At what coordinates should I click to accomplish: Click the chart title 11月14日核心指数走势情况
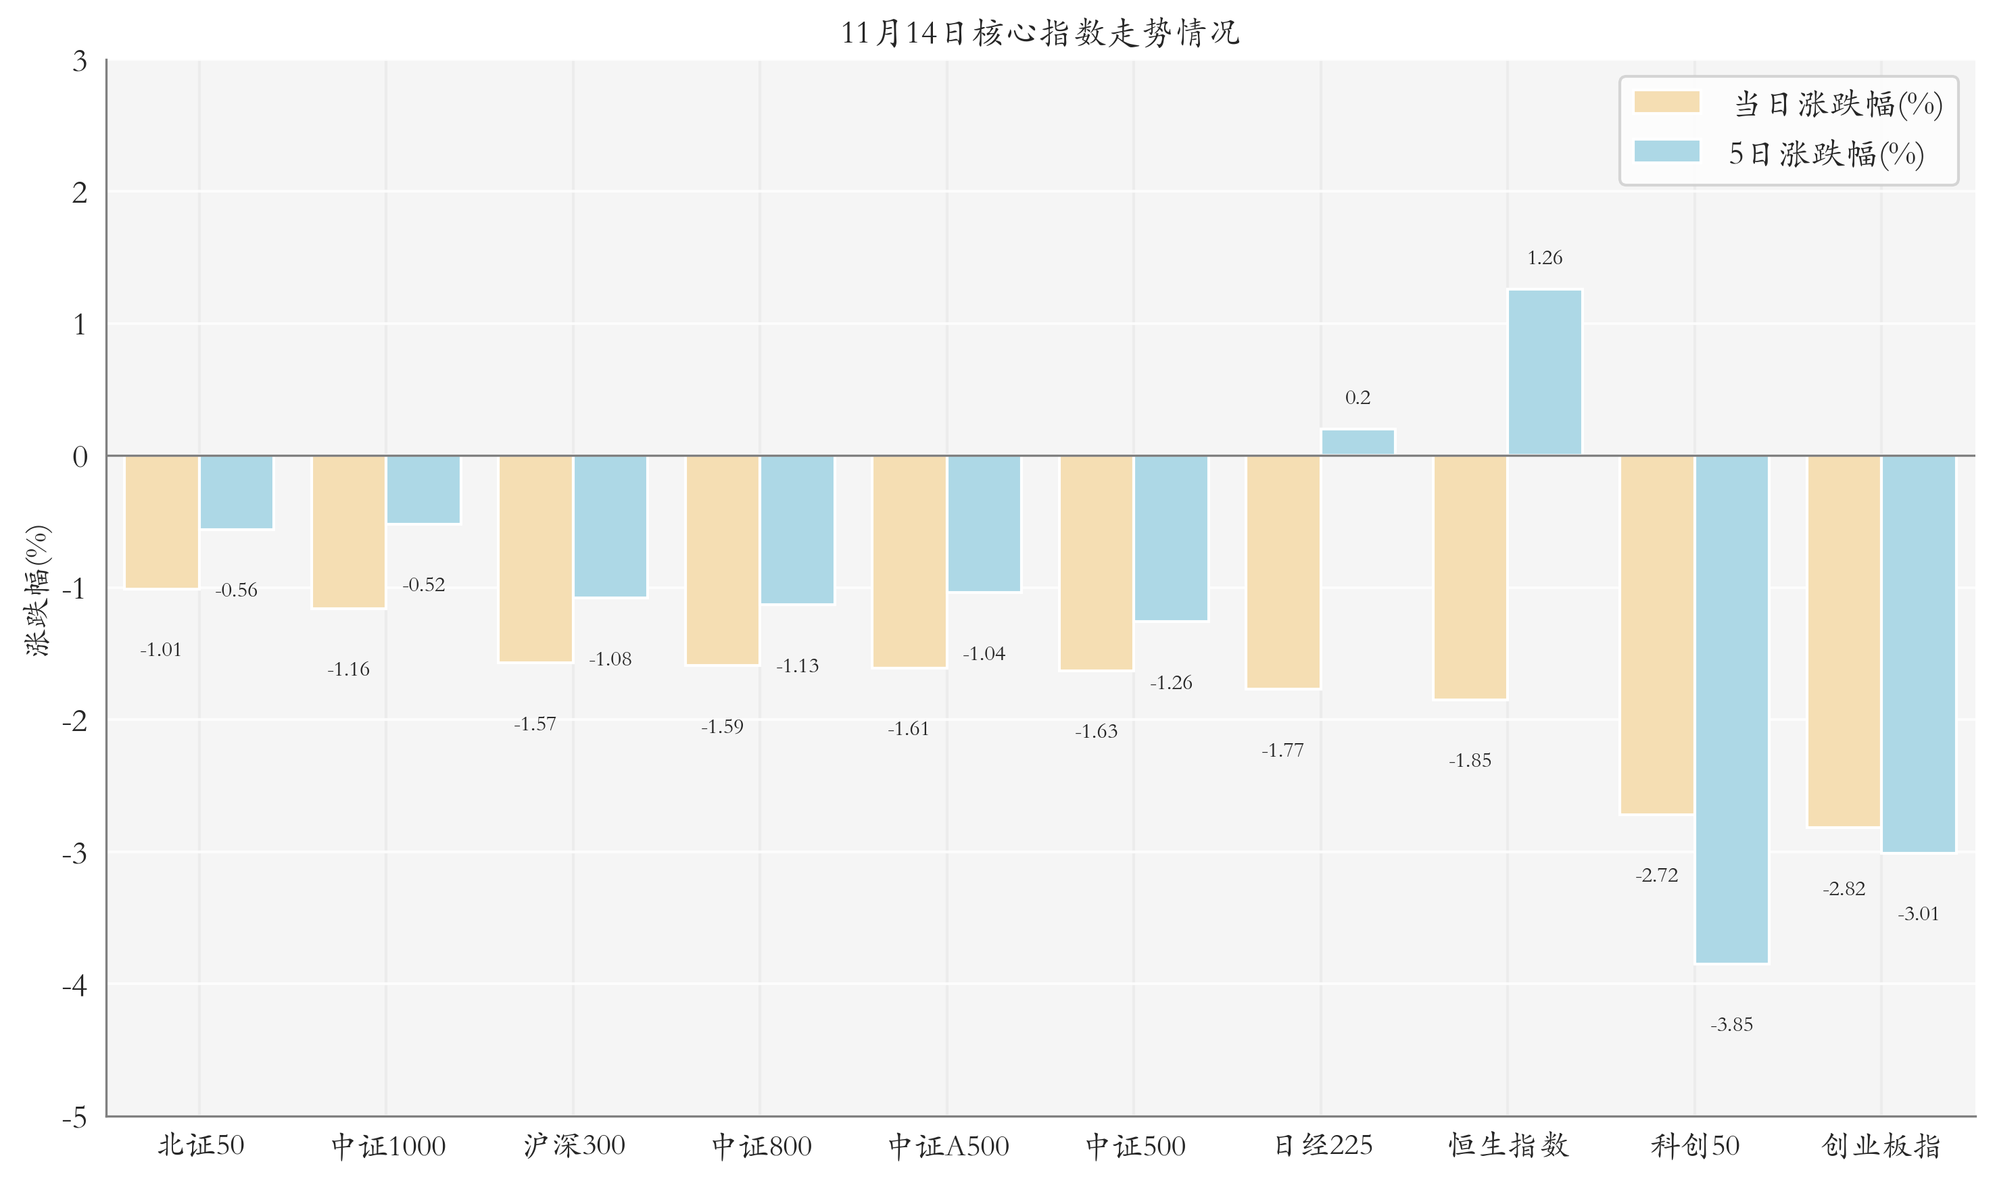pos(1039,32)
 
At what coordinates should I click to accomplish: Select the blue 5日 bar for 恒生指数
pos(1543,372)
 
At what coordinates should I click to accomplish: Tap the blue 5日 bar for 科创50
pos(1731,709)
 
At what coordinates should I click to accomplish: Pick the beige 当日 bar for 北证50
pos(162,522)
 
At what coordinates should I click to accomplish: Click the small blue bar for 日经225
pos(1357,443)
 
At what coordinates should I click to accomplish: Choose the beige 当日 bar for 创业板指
pos(1844,641)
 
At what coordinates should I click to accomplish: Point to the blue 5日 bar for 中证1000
pos(424,489)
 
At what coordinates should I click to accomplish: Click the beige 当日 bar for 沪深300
pos(535,558)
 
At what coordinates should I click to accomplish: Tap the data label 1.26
pos(1543,257)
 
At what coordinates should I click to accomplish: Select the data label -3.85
pos(1731,1024)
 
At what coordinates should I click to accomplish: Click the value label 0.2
pos(1357,397)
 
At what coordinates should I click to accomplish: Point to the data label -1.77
pos(1282,750)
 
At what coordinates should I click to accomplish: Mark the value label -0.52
pos(424,584)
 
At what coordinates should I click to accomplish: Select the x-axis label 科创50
pos(1694,1146)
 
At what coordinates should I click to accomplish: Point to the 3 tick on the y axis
pos(80,61)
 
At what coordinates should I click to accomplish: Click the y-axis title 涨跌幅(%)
pos(37,590)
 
